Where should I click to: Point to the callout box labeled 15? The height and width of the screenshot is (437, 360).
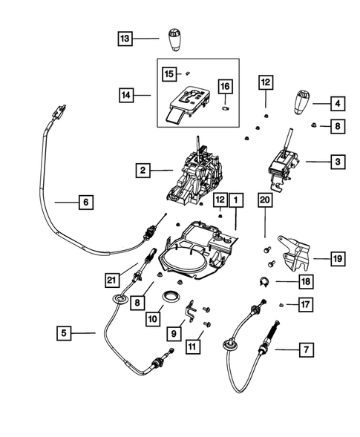(169, 73)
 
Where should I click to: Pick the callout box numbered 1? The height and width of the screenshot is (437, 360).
(235, 200)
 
